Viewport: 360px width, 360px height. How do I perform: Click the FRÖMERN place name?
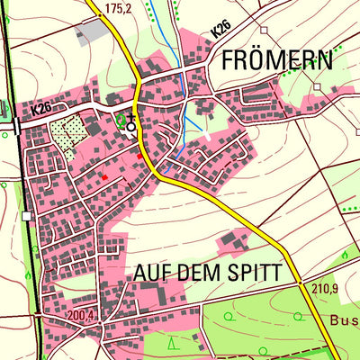(x=276, y=61)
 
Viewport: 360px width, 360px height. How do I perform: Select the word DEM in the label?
(x=205, y=272)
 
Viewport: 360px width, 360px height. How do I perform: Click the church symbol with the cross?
(x=131, y=123)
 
